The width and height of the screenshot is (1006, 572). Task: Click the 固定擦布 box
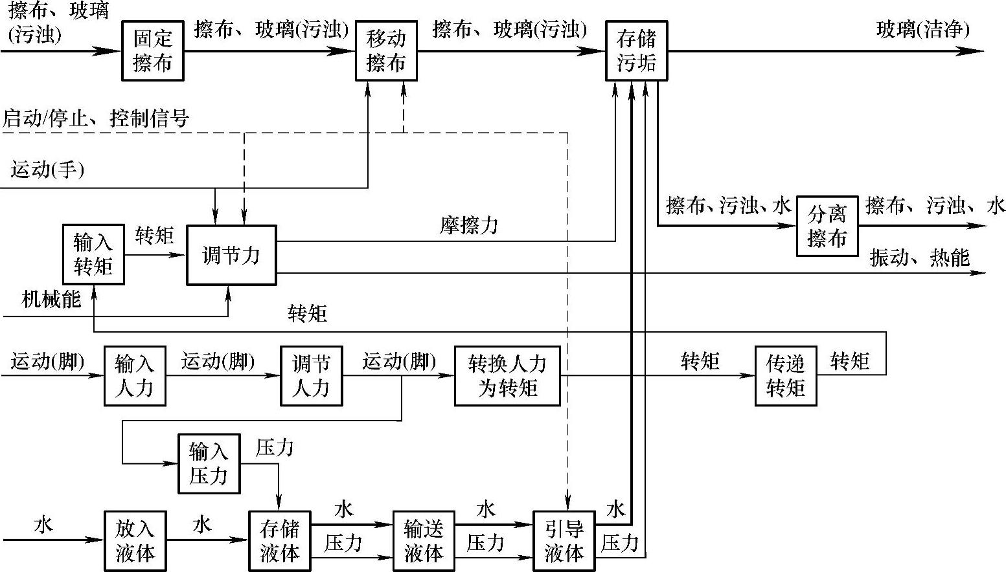coord(152,50)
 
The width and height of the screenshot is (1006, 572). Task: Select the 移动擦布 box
coord(386,50)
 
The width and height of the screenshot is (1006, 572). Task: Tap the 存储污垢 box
coord(636,50)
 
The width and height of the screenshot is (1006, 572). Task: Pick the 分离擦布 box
coord(827,226)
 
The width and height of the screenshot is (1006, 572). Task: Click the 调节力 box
coord(231,255)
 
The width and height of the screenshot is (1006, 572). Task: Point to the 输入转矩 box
coord(93,255)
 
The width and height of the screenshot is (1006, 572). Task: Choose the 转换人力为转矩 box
coord(507,376)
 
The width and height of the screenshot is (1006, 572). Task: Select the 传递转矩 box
coord(785,376)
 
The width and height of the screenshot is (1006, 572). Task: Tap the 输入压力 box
coord(209,463)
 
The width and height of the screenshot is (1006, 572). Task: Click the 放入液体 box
coord(135,541)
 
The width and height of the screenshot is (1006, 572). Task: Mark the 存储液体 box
coord(279,541)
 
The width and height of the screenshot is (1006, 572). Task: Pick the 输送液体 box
coord(423,541)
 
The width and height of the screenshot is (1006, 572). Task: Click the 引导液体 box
coord(564,541)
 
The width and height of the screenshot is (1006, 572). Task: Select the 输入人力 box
coord(135,376)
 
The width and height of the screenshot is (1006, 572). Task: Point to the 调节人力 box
coord(311,376)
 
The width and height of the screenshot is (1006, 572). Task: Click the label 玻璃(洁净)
coord(922,30)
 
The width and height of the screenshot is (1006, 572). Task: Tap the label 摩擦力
coord(469,226)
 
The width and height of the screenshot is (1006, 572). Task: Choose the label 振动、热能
coord(919,258)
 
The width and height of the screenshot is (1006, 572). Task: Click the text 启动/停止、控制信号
coord(96,118)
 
